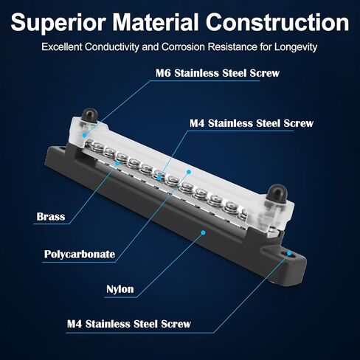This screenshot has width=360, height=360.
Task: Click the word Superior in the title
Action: click(x=58, y=24)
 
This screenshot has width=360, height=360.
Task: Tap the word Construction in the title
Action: click(x=277, y=23)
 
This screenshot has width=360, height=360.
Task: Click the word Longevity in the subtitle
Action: click(x=296, y=47)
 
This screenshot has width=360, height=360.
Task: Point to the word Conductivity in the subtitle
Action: click(x=112, y=47)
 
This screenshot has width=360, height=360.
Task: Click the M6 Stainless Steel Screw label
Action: click(x=218, y=73)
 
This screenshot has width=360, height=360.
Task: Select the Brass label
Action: click(x=51, y=217)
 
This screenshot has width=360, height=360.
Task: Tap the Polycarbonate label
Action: click(x=80, y=254)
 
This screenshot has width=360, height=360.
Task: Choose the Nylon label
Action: click(x=120, y=289)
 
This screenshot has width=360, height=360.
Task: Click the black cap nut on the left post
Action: click(x=89, y=114)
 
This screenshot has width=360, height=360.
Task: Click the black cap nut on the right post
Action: click(x=277, y=193)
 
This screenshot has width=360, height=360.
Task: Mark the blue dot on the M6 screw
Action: click(x=84, y=135)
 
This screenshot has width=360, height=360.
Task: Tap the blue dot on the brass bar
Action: click(x=117, y=163)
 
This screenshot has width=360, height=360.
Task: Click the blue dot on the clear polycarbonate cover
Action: click(x=189, y=172)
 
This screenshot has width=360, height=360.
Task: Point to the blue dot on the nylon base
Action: click(x=203, y=232)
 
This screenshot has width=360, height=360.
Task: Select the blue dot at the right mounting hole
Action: click(x=289, y=253)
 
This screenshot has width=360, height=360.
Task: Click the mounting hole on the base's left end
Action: click(x=62, y=148)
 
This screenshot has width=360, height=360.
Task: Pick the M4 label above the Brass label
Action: click(x=252, y=123)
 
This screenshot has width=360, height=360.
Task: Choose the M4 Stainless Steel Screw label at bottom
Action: click(x=129, y=324)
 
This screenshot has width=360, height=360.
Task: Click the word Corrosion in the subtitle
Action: click(x=183, y=47)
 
